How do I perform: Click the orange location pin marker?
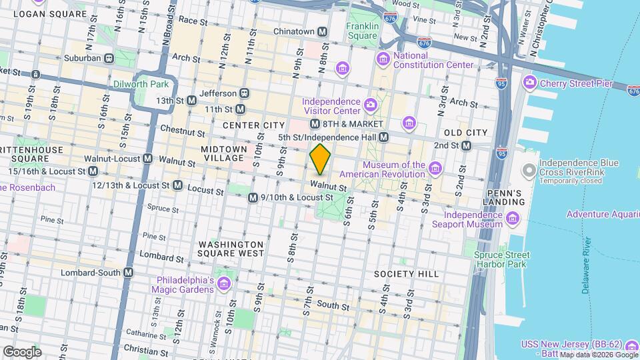point(320,159)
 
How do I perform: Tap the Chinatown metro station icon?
point(322,31)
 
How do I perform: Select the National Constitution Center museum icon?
point(384,60)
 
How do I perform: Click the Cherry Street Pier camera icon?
point(530,83)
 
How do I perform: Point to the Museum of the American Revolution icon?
point(435,166)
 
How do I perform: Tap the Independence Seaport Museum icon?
point(512,218)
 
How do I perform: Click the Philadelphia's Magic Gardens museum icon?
point(224,285)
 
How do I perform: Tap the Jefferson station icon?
point(245,93)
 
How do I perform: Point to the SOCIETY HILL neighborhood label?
point(405,274)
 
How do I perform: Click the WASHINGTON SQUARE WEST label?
point(231,249)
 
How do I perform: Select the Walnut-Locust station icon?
point(148,159)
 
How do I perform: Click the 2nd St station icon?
point(466,145)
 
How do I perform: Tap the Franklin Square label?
point(363,31)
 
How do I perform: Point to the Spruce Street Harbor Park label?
point(502,259)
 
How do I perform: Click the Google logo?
point(21,351)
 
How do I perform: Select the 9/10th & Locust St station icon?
point(253,198)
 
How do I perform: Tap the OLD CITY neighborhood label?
point(466,133)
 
